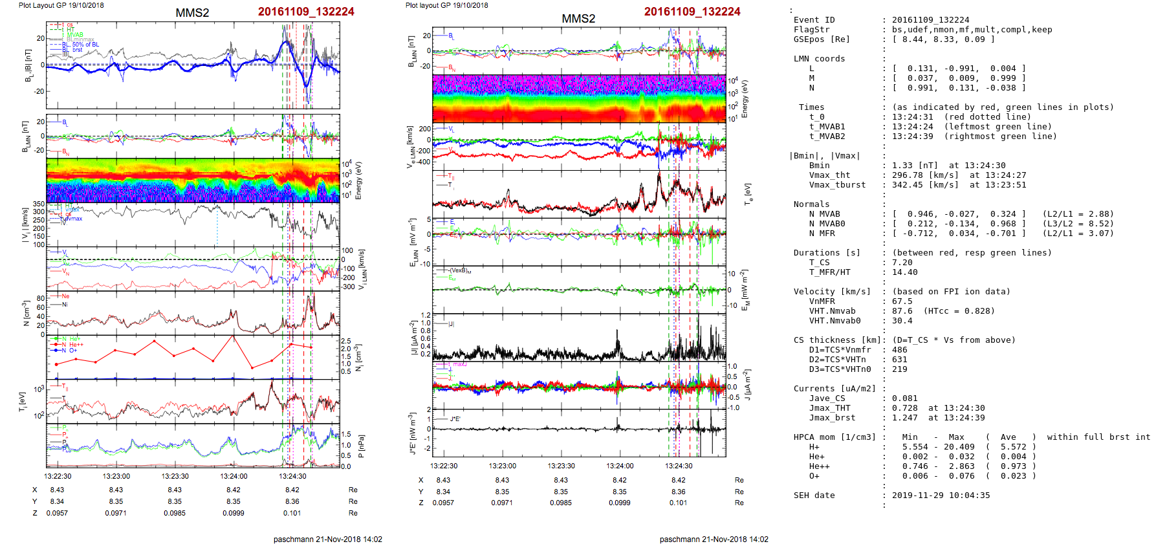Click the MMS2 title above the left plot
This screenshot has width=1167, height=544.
coord(192,13)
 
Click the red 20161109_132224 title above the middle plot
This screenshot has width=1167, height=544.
coord(692,12)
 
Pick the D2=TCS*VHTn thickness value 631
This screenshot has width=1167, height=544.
coord(899,360)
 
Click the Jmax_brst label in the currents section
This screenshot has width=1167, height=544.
coord(832,418)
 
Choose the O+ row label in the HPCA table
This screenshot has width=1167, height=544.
coord(814,476)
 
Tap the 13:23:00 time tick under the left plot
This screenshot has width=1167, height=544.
coord(116,476)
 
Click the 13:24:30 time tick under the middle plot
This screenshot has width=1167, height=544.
coord(679,466)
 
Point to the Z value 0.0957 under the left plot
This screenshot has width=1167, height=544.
coord(57,513)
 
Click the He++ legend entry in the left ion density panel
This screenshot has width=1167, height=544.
coord(76,345)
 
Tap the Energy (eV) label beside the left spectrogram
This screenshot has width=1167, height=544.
coord(359,180)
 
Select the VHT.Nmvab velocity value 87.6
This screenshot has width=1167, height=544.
coord(902,311)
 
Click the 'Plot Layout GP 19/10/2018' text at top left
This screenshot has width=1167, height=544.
coord(61,5)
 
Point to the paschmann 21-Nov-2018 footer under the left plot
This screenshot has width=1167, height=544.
coord(327,539)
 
